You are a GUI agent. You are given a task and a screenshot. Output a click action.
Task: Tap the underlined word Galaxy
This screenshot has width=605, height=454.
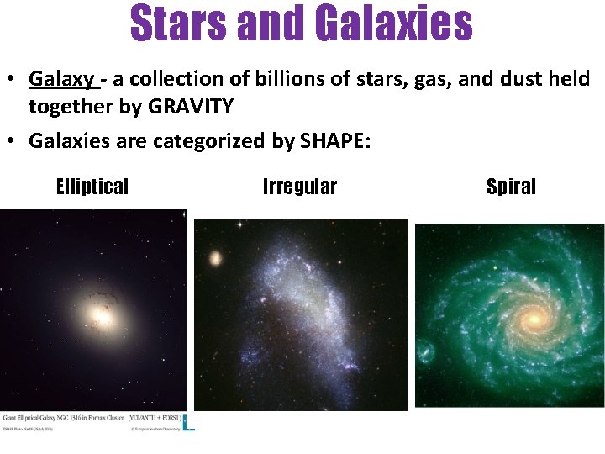coord(61,80)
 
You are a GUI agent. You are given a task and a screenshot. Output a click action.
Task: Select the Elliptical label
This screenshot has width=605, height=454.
coord(92,187)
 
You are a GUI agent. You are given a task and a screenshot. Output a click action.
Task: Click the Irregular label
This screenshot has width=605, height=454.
coord(300,187)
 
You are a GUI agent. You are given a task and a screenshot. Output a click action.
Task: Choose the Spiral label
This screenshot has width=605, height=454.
coord(511,187)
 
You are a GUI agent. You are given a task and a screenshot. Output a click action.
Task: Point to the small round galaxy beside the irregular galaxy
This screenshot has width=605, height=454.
coord(217,257)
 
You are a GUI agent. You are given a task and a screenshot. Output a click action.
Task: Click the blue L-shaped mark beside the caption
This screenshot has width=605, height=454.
coord(189,423)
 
